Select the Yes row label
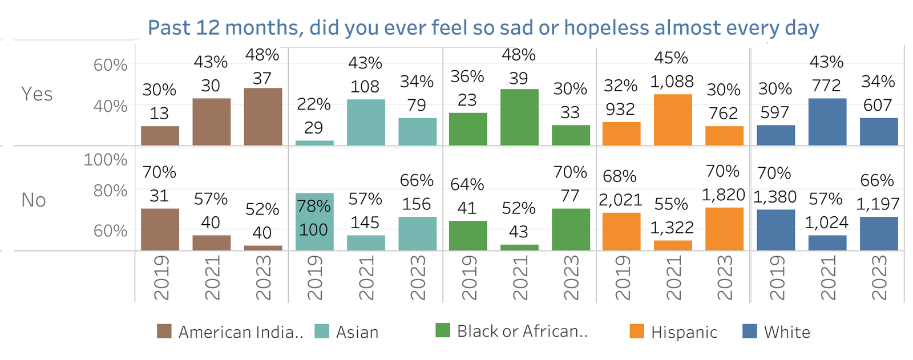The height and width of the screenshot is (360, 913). [x=37, y=94]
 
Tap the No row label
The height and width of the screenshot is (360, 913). [x=33, y=200]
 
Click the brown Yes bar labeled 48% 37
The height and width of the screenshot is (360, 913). [x=262, y=116]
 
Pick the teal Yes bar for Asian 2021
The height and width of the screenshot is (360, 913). [x=365, y=122]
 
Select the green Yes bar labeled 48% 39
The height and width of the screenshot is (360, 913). [x=519, y=117]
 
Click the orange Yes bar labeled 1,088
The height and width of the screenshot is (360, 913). [x=672, y=120]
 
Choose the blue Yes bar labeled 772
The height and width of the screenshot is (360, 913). [x=827, y=122]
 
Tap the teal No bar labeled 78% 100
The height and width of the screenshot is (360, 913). [x=314, y=221]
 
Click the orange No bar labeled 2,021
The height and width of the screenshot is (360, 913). [x=621, y=231]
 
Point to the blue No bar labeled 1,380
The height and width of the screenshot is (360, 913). [x=775, y=229]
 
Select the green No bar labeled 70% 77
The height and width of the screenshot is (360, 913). [x=570, y=229]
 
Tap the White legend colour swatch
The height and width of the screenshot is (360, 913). [x=750, y=331]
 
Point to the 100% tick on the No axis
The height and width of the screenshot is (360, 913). [x=106, y=160]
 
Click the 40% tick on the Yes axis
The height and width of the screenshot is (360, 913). [x=110, y=106]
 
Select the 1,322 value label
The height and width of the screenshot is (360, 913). [x=672, y=228]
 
